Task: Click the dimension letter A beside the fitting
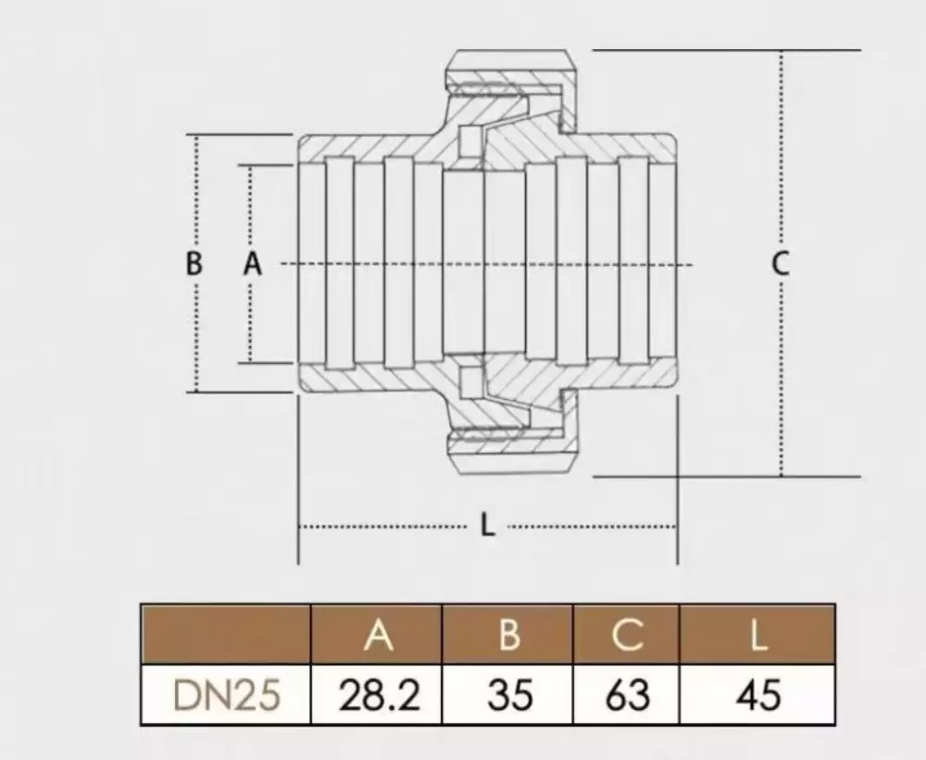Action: pos(253,264)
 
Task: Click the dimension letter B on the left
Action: pos(194,264)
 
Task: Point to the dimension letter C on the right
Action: pos(781,264)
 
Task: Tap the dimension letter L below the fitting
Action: pos(487,524)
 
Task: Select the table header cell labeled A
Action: pos(377,634)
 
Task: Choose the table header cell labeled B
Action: pos(507,634)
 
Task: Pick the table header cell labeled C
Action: pos(626,634)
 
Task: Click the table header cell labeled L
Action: pos(757,634)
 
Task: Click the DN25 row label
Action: pos(226,694)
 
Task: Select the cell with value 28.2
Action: pos(377,694)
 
